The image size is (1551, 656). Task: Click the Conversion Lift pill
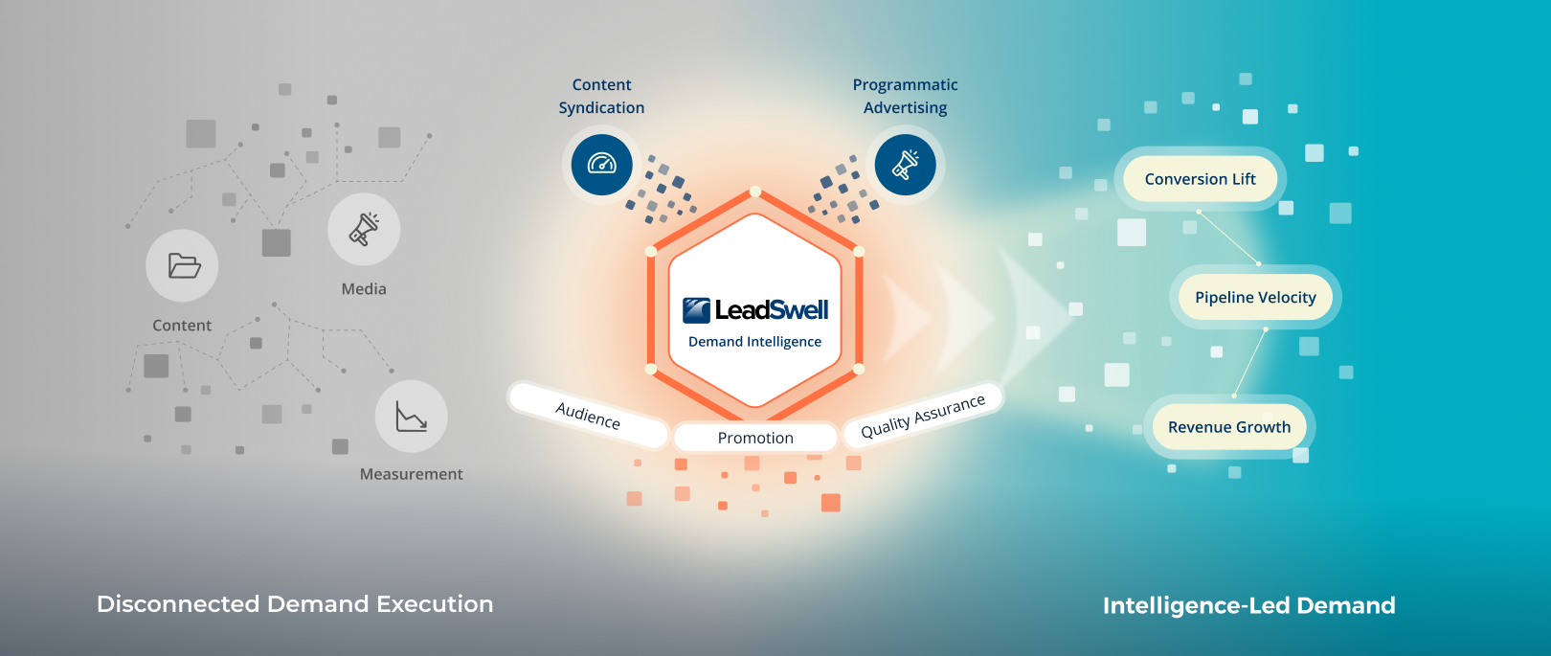tap(1200, 179)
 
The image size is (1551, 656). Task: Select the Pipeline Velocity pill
tap(1255, 297)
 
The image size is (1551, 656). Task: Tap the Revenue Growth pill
tap(1229, 427)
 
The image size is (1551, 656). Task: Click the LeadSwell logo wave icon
tap(696, 310)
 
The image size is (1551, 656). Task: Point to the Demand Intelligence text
tap(754, 342)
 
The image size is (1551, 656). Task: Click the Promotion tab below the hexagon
tap(755, 438)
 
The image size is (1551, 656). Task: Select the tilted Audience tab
tap(588, 416)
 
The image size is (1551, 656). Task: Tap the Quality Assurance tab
tap(923, 417)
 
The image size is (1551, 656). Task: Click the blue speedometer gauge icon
tap(601, 165)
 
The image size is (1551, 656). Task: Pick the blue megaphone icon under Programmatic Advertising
tap(905, 165)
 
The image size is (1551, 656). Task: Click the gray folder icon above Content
tap(183, 265)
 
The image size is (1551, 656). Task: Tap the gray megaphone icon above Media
tap(364, 229)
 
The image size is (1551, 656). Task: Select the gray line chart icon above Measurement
tap(412, 417)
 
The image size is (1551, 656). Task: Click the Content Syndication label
tap(601, 97)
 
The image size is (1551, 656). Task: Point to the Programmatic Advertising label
tap(905, 97)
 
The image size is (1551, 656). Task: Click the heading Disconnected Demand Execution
tap(295, 604)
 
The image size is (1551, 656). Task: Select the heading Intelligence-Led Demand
tap(1248, 605)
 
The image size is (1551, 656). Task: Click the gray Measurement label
tap(411, 474)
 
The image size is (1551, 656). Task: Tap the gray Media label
tap(364, 289)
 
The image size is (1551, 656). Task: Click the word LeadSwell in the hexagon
tap(772, 310)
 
